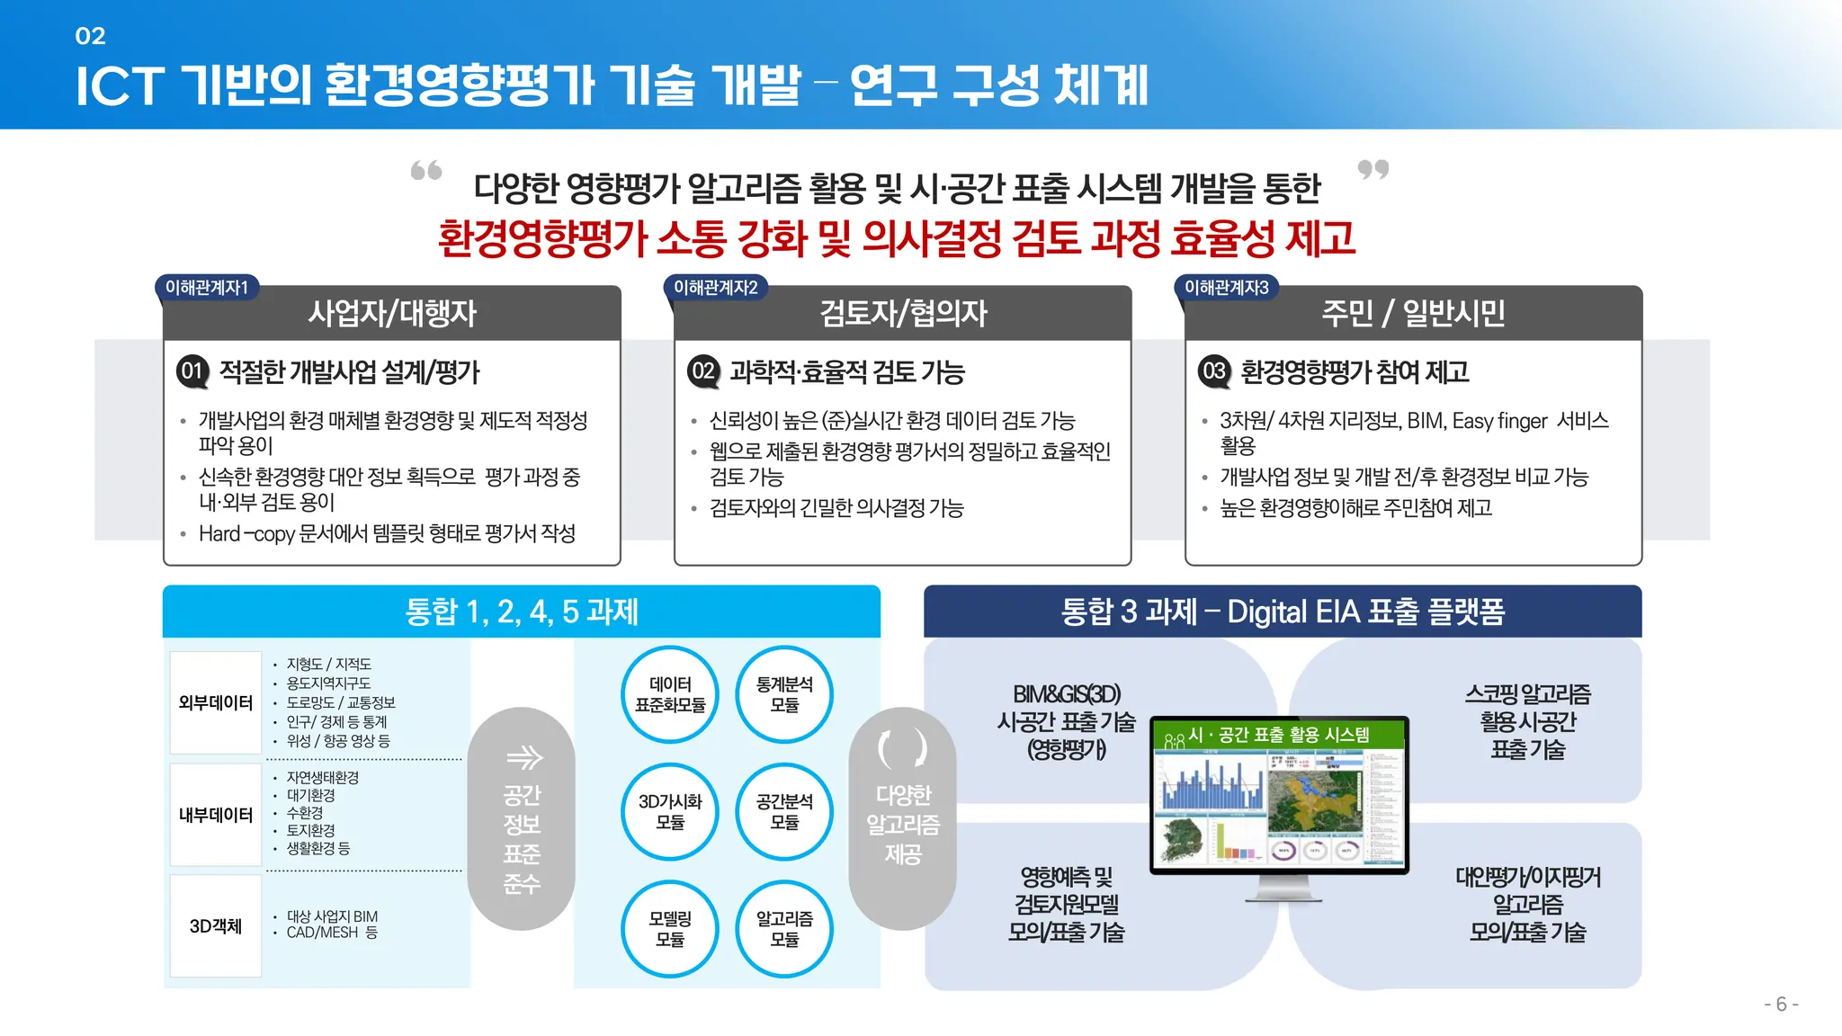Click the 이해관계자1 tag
click(x=206, y=288)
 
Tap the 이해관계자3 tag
click(x=1226, y=288)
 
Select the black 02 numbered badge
click(x=702, y=371)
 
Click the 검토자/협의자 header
click(x=902, y=313)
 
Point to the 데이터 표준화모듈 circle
click(x=670, y=694)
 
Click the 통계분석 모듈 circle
click(x=784, y=694)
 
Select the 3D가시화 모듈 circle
click(x=670, y=811)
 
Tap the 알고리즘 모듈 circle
click(x=784, y=928)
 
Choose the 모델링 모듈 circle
click(x=670, y=928)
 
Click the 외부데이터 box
click(x=216, y=702)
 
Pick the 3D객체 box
click(x=216, y=926)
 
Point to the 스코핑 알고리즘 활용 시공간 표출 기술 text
click(x=1527, y=721)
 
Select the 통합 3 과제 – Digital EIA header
click(x=1283, y=612)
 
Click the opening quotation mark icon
click(x=426, y=170)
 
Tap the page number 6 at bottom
click(x=1781, y=1005)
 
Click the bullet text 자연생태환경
click(x=322, y=777)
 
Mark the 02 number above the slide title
click(x=90, y=36)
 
